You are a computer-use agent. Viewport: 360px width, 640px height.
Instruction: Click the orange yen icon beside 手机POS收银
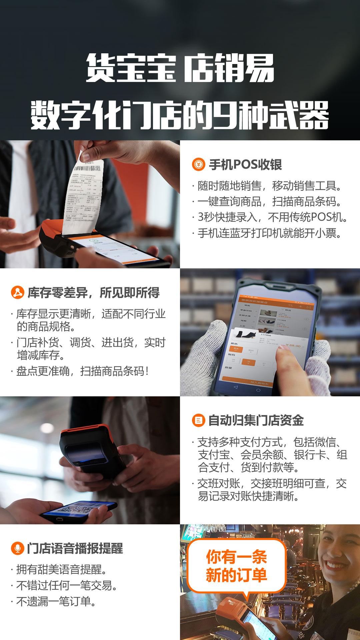[198, 164]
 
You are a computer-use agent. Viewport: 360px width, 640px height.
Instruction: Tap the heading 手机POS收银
[245, 165]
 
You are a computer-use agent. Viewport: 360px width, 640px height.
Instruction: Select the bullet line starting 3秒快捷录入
[272, 217]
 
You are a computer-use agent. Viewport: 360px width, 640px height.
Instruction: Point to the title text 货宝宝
[131, 68]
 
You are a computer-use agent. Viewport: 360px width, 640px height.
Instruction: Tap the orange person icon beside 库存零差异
[17, 292]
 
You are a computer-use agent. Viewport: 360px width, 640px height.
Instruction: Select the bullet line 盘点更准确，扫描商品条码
[82, 371]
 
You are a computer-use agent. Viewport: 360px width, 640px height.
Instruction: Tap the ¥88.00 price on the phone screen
[293, 346]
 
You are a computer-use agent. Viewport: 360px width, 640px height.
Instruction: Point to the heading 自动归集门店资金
[256, 420]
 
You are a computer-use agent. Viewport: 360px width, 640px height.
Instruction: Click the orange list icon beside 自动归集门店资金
[198, 420]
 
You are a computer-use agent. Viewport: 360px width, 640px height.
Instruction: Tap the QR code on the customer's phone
[80, 509]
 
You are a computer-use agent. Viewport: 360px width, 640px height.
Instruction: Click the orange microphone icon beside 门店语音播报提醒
[17, 548]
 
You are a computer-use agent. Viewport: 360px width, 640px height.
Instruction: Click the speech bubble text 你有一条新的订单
[236, 566]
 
